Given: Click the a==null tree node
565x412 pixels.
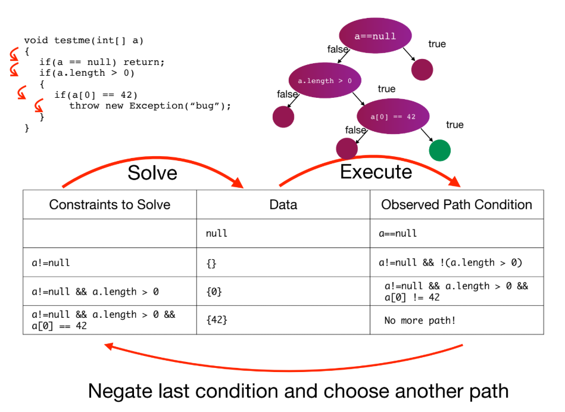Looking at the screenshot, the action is [375, 36].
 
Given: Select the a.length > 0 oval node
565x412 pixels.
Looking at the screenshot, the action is [324, 80].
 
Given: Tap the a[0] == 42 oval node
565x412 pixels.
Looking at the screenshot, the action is [393, 116].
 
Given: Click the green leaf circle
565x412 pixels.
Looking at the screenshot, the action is [439, 150].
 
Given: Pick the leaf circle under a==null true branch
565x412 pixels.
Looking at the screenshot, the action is [422, 70].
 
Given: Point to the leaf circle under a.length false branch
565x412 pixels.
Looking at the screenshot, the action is [283, 117].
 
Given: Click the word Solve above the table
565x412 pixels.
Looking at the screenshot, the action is [152, 172].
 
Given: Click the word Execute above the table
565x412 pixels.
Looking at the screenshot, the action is [376, 172].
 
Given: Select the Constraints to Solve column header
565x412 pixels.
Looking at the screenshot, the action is [110, 205].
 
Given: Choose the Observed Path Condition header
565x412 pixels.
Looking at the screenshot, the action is [457, 205].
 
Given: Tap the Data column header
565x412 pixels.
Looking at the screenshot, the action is [283, 205].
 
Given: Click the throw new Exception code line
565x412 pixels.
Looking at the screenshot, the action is [150, 106].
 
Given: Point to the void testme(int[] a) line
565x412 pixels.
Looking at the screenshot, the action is [83, 41].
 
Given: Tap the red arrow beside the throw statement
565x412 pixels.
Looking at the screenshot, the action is [39, 106].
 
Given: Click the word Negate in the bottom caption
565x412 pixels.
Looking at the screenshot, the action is [120, 392].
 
